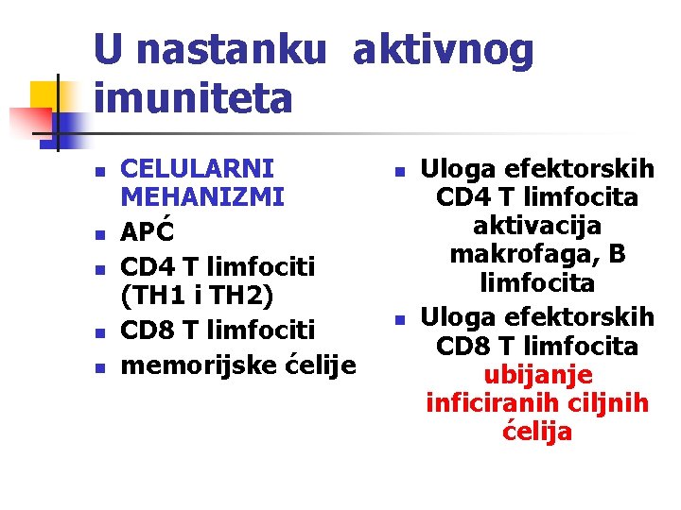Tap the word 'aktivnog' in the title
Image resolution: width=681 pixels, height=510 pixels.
coord(443,51)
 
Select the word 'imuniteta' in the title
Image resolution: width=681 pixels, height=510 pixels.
coord(194,98)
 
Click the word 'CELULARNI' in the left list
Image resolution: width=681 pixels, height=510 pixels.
coord(199,170)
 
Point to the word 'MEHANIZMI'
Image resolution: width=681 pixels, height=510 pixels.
coord(202,198)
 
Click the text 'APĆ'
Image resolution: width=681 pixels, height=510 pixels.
coord(149,231)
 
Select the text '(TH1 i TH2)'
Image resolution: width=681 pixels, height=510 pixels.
coord(198,297)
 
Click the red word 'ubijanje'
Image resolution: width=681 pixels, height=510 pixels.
coord(537,375)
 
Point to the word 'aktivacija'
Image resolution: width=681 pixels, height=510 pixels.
coord(537,227)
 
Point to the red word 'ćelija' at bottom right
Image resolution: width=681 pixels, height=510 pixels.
coord(537,433)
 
